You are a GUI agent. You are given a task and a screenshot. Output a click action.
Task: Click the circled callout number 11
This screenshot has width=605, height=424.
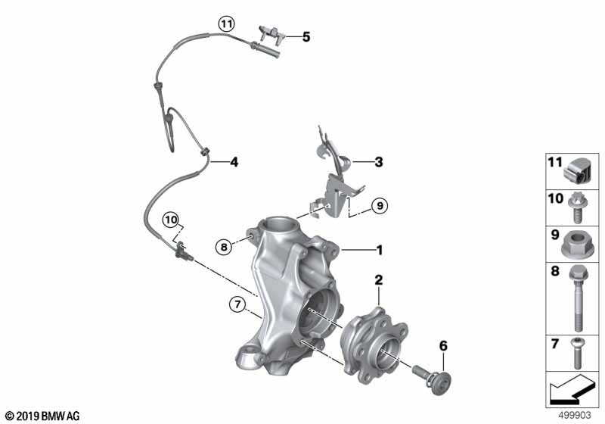[226, 24]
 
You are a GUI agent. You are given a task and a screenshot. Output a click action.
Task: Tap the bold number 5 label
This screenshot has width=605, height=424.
[306, 37]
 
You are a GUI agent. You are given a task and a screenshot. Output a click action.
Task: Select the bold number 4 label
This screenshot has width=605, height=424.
[234, 162]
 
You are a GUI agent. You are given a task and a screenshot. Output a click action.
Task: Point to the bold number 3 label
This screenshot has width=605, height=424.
[379, 162]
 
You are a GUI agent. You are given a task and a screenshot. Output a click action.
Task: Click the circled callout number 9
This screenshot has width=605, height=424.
[380, 206]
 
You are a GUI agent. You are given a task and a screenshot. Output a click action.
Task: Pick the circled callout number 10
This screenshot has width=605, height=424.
[171, 220]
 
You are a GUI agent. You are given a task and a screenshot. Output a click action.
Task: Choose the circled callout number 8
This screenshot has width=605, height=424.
[224, 246]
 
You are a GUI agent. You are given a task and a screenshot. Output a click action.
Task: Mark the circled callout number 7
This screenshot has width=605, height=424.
[237, 304]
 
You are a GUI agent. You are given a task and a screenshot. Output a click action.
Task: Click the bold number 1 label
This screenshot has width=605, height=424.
[380, 250]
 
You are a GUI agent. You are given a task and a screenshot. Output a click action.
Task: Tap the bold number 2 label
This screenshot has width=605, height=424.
[379, 280]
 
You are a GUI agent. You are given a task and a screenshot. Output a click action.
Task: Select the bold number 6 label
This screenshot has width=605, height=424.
[443, 346]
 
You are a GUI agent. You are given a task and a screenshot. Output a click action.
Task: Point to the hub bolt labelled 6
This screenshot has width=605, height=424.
[432, 379]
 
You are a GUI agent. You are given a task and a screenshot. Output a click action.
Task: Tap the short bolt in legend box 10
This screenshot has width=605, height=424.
[577, 207]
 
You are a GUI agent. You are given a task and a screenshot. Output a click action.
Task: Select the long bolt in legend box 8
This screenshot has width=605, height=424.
[578, 298]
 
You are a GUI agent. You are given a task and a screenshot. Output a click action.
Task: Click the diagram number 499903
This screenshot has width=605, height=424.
[575, 416]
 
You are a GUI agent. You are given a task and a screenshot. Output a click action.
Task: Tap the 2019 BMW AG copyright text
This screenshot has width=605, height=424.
[43, 416]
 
